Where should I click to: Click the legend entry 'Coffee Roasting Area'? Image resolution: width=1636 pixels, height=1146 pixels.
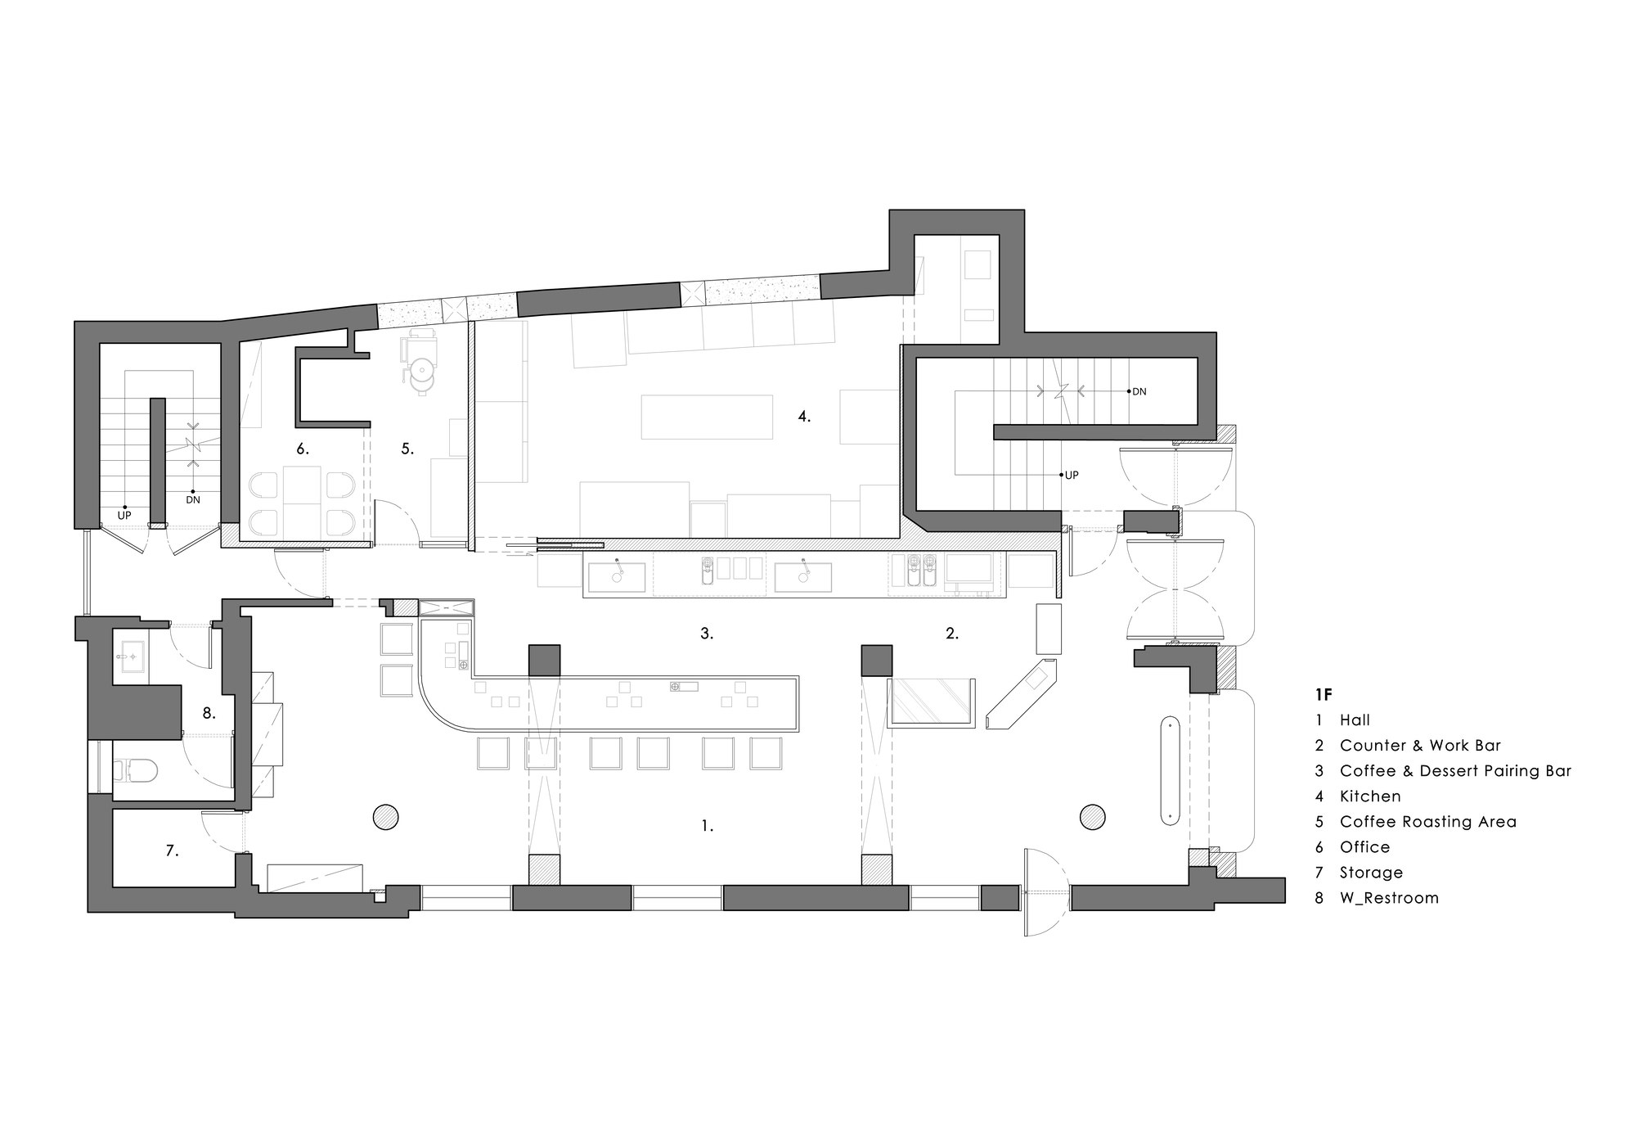click(1427, 822)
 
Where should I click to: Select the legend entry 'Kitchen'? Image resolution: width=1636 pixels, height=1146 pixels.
click(1370, 796)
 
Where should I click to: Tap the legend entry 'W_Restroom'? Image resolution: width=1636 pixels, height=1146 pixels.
click(1389, 898)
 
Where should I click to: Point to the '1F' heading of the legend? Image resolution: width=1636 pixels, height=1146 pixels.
click(1324, 694)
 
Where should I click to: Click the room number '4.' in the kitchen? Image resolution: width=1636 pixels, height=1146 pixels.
click(804, 417)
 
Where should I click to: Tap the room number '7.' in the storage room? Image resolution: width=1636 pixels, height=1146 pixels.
click(172, 851)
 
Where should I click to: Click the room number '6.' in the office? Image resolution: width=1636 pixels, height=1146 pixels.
click(303, 449)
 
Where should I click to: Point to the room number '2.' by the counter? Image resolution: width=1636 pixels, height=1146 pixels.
click(951, 633)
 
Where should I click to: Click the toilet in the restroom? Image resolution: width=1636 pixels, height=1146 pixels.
click(135, 769)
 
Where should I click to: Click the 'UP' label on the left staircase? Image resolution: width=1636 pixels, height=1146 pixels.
click(124, 516)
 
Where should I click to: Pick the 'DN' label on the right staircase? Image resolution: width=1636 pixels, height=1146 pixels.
click(1139, 392)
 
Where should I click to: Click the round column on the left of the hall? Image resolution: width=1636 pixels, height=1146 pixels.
click(385, 817)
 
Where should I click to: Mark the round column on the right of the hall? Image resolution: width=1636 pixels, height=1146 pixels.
click(1092, 816)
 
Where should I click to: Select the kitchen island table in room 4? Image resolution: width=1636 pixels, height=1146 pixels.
click(708, 417)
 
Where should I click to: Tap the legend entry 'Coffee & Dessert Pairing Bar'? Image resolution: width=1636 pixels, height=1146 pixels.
click(1455, 771)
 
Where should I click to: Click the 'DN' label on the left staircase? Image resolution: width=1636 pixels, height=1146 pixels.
click(193, 499)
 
